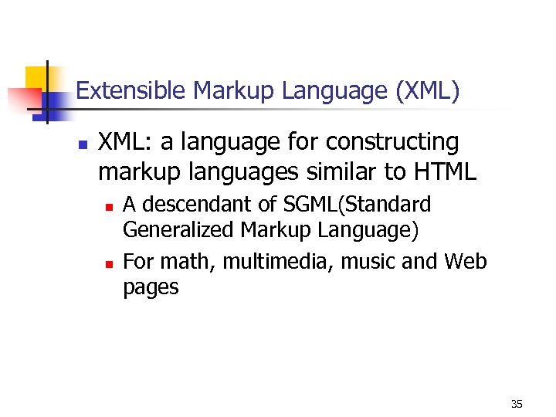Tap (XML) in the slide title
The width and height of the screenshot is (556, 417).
(x=427, y=92)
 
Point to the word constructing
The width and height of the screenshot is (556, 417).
(x=407, y=143)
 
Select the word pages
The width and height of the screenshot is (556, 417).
(x=151, y=289)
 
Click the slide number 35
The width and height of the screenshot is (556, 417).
(x=517, y=404)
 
